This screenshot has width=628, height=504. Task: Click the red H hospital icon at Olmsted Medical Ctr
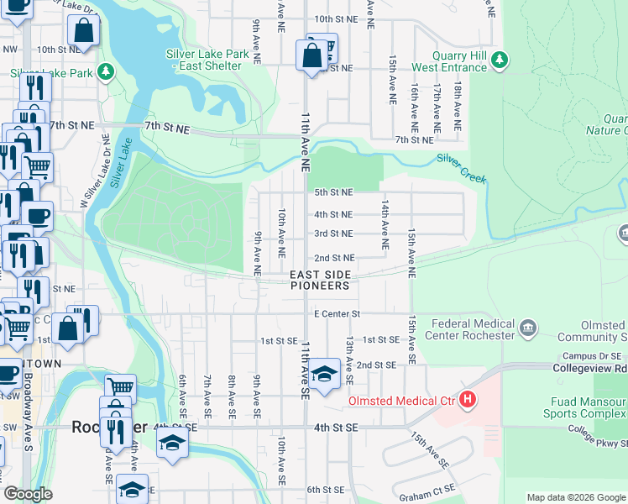468,402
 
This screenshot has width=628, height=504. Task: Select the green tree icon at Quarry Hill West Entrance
500,59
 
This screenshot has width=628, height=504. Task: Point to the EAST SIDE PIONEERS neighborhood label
320,281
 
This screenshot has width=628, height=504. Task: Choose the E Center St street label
337,314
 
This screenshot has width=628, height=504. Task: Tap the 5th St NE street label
333,192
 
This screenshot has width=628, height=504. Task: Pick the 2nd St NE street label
333,258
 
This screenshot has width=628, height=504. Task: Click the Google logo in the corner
28,494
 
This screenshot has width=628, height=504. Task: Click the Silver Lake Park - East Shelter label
207,60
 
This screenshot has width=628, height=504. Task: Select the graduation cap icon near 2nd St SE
323,375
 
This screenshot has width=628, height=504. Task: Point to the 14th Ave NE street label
384,224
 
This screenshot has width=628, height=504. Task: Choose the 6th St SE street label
326,490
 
